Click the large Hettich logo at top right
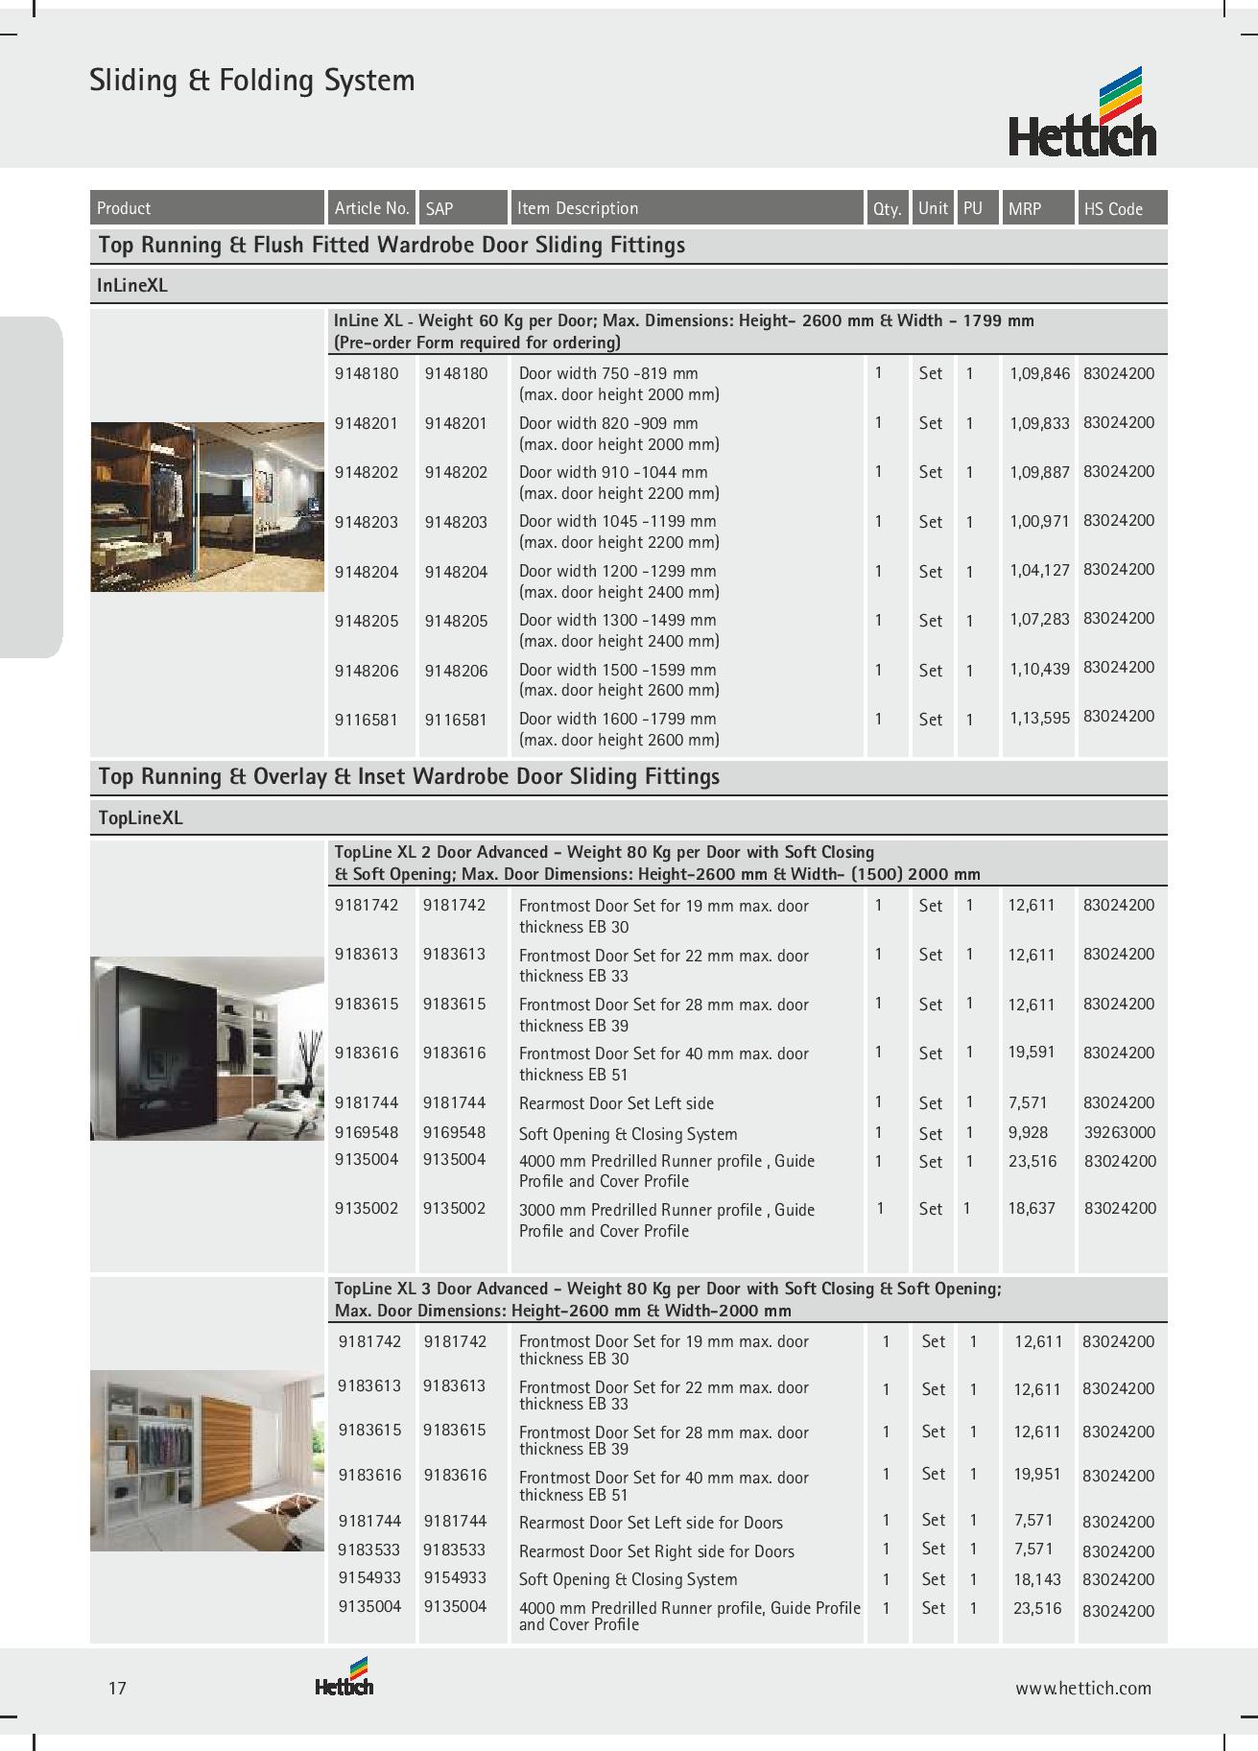(1082, 112)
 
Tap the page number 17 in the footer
(117, 1688)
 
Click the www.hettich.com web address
(1083, 1689)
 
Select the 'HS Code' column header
(1113, 208)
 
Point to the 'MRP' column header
(1025, 208)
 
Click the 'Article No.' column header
(371, 208)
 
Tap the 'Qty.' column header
(887, 208)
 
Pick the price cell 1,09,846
(1039, 373)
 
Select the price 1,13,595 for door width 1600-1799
(1039, 718)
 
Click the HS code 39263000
(1120, 1132)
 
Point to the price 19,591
(1032, 1053)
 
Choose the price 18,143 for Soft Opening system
(1037, 1578)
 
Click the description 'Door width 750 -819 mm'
(608, 373)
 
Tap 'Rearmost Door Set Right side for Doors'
(656, 1550)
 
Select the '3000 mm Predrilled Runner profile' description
(667, 1210)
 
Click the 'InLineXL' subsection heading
(132, 286)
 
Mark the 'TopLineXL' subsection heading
(140, 818)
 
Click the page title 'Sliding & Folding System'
(252, 80)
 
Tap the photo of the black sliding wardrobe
(207, 1048)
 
